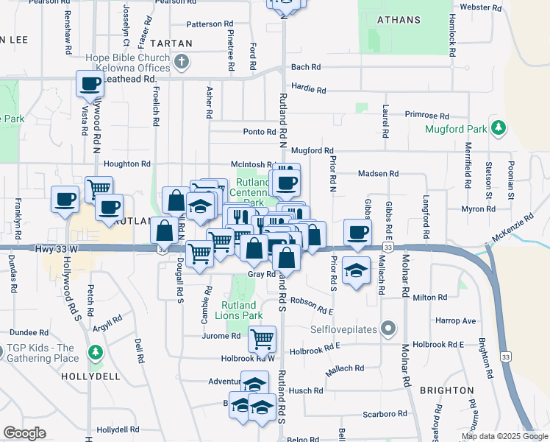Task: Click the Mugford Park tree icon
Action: (499, 128)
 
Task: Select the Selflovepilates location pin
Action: (388, 329)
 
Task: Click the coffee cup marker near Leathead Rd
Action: (90, 85)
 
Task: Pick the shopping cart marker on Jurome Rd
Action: (262, 339)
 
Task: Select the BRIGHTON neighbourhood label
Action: (447, 390)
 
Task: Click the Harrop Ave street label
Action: (455, 321)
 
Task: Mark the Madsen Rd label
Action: (378, 174)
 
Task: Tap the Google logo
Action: (24, 433)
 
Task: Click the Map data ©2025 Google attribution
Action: (504, 436)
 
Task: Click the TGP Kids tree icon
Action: (94, 353)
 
